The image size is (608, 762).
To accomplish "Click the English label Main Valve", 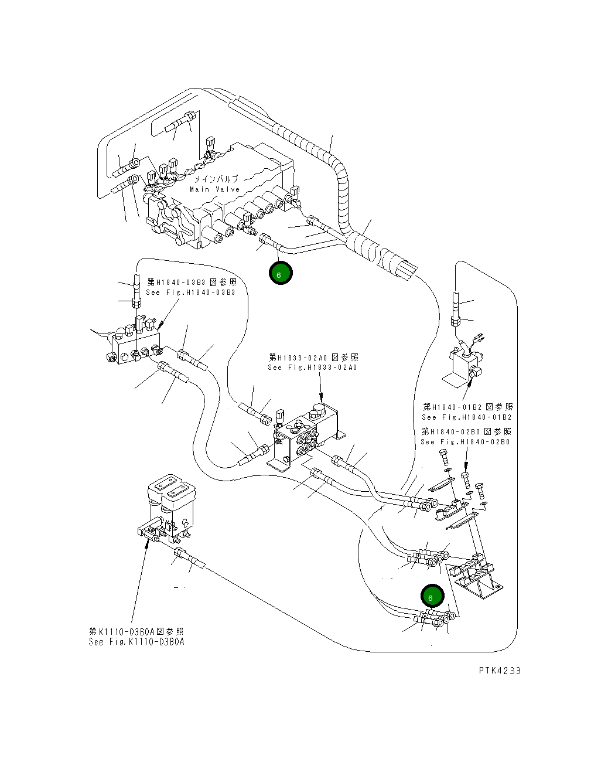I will coord(215,189).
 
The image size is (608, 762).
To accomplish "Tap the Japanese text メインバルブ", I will coord(216,179).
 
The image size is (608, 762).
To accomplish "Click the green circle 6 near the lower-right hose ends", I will coord(432,597).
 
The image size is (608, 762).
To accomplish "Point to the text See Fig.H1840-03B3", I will coord(190,292).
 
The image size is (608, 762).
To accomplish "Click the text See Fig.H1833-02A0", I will coord(312,368).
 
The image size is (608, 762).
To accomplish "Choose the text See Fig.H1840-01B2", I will coord(467,417).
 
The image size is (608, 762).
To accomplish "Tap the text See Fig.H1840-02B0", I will coord(466,442).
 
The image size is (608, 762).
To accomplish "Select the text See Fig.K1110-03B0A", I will coord(136,642).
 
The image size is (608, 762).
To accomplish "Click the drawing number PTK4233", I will coord(499,671).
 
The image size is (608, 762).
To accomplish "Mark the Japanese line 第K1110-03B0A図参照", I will coord(136,631).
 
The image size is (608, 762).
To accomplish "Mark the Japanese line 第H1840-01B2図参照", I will coord(467,407).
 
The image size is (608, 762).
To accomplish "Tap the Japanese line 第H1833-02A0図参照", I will coord(313,357).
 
